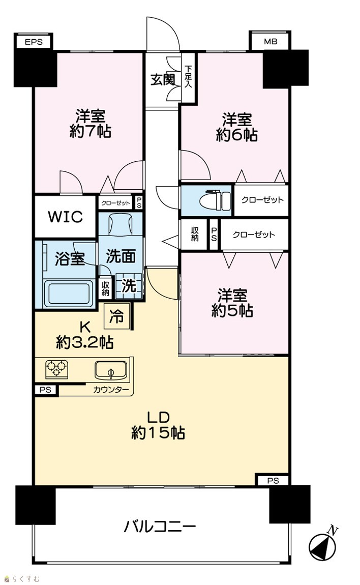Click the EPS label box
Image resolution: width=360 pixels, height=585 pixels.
[x=34, y=42]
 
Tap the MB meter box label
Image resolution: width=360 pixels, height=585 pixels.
[x=270, y=41]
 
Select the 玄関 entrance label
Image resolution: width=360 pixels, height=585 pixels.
[x=163, y=79]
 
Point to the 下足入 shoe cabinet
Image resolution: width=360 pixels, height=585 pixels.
[x=189, y=78]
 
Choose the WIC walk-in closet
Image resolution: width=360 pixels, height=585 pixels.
[x=65, y=216]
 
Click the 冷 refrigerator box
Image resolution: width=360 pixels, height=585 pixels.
[x=117, y=316]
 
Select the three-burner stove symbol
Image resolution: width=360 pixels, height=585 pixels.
[x=56, y=369]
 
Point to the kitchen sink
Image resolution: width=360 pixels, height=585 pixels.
[x=110, y=370]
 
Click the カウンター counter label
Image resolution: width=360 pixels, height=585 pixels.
[x=111, y=390]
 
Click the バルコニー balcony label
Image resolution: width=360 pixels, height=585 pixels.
[x=160, y=527]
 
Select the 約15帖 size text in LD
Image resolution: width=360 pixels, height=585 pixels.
[x=158, y=433]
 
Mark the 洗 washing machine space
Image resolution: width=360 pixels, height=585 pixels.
[x=129, y=286]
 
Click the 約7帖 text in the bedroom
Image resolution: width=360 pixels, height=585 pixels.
[x=91, y=131]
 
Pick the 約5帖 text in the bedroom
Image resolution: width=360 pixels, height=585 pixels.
[x=232, y=310]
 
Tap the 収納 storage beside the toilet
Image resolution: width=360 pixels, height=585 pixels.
[x=194, y=235]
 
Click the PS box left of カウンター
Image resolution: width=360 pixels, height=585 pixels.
[x=46, y=390]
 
